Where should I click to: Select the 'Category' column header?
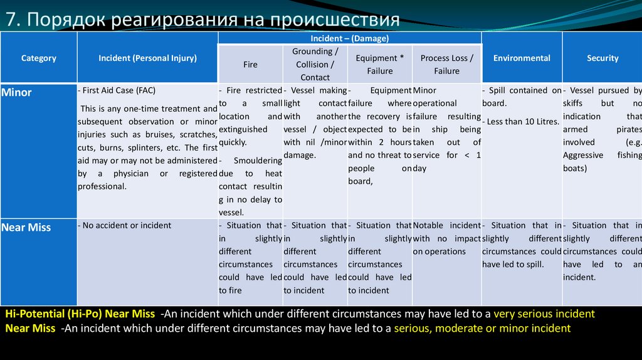point(39,58)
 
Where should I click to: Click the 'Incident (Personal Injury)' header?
point(147,58)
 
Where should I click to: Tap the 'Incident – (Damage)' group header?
point(349,38)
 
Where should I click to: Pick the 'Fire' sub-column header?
point(250,65)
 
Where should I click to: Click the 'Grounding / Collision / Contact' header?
point(315,65)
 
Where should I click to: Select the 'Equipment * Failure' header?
point(380,65)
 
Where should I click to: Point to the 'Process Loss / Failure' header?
point(446,65)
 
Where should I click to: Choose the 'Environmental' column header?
point(522,58)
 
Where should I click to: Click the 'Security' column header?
point(603,58)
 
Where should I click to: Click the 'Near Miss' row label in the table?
point(26,228)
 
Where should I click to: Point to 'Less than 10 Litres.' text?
point(522,122)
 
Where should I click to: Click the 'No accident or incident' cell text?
point(126,225)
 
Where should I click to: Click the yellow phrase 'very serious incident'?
point(544,314)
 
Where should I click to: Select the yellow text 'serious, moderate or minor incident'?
point(482,328)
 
